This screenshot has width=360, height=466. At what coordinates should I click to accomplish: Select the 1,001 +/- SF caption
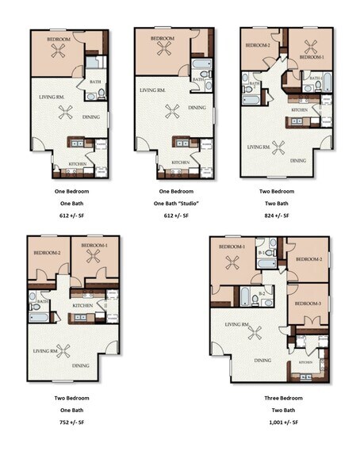(283, 422)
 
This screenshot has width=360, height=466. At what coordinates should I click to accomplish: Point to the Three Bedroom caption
(283, 398)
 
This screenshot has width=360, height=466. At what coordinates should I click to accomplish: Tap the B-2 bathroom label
(262, 293)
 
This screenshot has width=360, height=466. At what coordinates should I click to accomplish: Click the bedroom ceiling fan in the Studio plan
(165, 49)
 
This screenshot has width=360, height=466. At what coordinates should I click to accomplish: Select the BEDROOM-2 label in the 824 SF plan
(258, 45)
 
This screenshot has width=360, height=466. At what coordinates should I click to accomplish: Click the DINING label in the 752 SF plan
(81, 365)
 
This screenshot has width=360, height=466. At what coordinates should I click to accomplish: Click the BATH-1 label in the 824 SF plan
(315, 78)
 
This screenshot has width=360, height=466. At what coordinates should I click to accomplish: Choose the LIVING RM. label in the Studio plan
(152, 91)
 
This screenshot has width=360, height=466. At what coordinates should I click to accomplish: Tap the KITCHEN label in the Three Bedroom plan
(306, 361)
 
